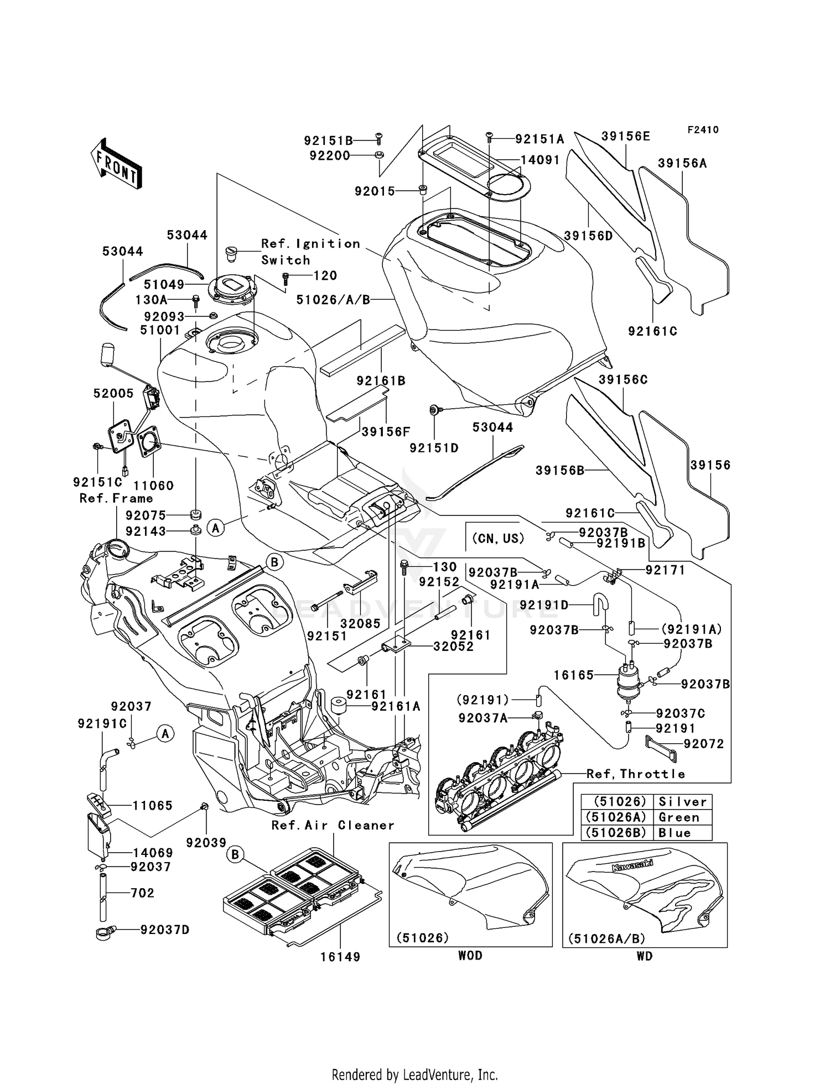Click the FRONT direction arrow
coord(116,164)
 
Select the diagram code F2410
coord(703,130)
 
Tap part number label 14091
coord(540,160)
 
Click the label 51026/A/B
coord(333,300)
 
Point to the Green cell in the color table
coord(679,817)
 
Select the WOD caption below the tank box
coord(470,956)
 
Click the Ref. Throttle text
coord(635,774)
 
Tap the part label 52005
coord(113,393)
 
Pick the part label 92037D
coord(164,930)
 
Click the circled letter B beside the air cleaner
coord(235,856)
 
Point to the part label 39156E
coord(625,136)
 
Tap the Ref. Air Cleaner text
coord(333,825)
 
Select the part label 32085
coord(360,623)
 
